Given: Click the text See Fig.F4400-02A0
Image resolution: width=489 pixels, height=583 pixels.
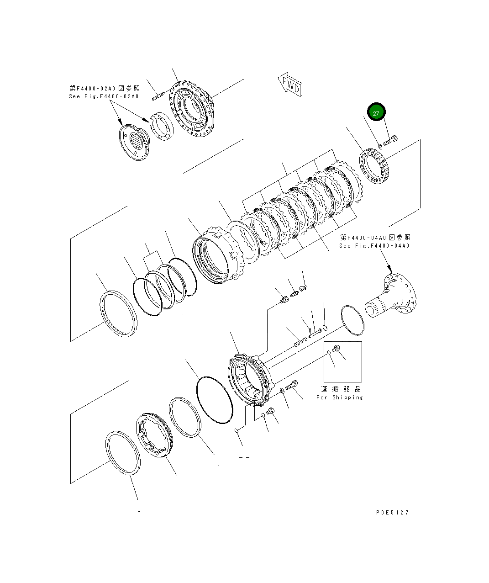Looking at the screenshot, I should point(103,96).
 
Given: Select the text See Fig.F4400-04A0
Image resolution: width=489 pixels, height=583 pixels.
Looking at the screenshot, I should point(374,246).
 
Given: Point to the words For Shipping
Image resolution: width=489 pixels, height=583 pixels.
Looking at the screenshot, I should point(340,397).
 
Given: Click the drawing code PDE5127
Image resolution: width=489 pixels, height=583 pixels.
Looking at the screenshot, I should point(392,512).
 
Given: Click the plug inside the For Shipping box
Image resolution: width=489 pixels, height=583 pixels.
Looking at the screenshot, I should point(337,350).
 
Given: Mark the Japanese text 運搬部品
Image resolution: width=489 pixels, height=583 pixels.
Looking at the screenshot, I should point(341,389).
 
